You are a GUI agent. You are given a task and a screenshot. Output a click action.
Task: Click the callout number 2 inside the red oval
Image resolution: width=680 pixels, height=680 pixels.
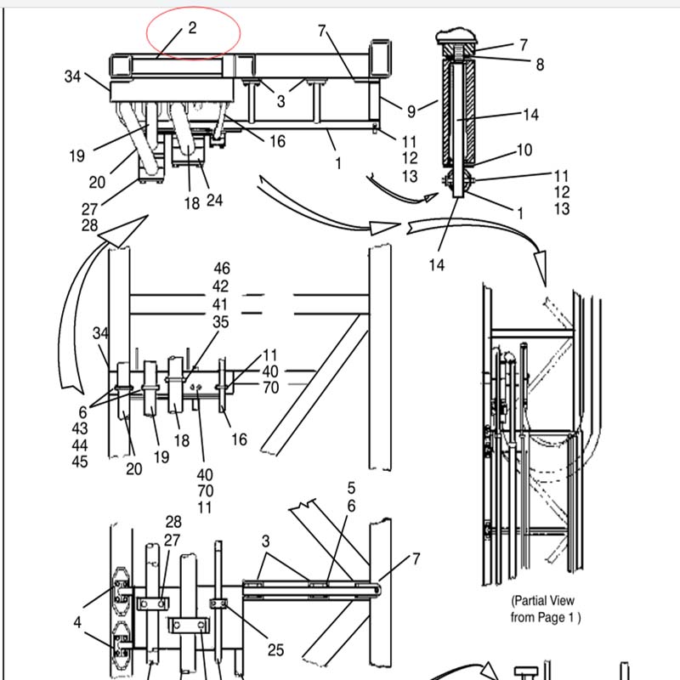click(x=193, y=28)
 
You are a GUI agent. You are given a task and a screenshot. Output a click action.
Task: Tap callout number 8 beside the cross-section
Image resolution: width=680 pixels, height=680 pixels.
click(x=540, y=65)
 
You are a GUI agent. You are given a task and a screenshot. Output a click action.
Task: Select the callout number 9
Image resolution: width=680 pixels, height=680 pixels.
click(x=411, y=111)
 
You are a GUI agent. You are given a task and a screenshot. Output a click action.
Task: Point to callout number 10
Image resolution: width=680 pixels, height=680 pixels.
click(x=524, y=150)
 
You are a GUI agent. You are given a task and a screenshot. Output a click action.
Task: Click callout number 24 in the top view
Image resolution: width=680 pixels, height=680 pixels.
click(x=215, y=201)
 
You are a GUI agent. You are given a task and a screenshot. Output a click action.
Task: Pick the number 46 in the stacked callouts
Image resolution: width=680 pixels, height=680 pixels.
click(x=222, y=269)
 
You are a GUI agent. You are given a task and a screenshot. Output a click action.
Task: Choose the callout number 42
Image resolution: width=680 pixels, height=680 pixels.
click(x=220, y=286)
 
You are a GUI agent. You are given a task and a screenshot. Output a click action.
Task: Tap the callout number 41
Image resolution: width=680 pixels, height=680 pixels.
click(x=220, y=304)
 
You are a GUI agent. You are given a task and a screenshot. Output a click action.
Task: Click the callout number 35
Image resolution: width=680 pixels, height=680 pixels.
click(x=221, y=322)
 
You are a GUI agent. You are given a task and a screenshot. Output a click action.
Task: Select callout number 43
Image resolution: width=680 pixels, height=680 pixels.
click(x=80, y=428)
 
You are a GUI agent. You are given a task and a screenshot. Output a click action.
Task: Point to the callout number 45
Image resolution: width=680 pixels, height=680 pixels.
click(x=80, y=462)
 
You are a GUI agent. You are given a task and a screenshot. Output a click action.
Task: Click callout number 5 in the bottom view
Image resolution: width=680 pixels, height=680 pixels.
click(x=351, y=488)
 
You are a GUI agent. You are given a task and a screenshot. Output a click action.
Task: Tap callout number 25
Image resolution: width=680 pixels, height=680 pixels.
click(x=275, y=650)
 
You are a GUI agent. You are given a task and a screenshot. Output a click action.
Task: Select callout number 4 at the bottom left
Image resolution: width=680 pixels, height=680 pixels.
click(x=77, y=623)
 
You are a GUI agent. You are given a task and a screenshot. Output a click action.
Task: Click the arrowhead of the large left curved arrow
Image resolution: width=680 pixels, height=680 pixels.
click(x=123, y=231)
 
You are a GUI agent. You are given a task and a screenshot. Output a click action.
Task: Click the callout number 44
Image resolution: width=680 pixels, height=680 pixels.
click(x=80, y=445)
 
